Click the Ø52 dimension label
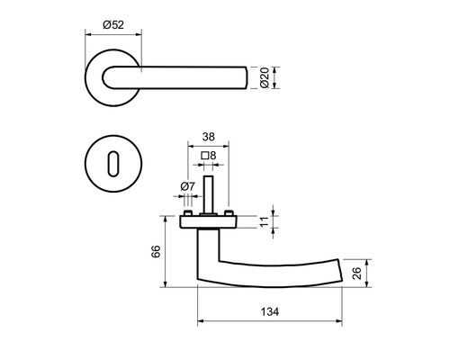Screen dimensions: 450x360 tap(113, 24)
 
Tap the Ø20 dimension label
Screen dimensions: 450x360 tap(265, 77)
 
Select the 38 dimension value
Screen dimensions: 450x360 tap(209, 137)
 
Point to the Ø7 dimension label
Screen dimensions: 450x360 tap(187, 186)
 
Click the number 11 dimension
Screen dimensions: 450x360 tap(265, 221)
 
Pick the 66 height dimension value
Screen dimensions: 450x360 tap(156, 251)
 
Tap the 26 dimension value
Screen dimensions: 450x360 tap(357, 274)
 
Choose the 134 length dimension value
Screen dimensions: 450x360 tap(270, 311)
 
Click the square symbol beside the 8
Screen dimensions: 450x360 tap(205, 156)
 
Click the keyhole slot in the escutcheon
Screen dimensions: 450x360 tap(113, 164)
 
